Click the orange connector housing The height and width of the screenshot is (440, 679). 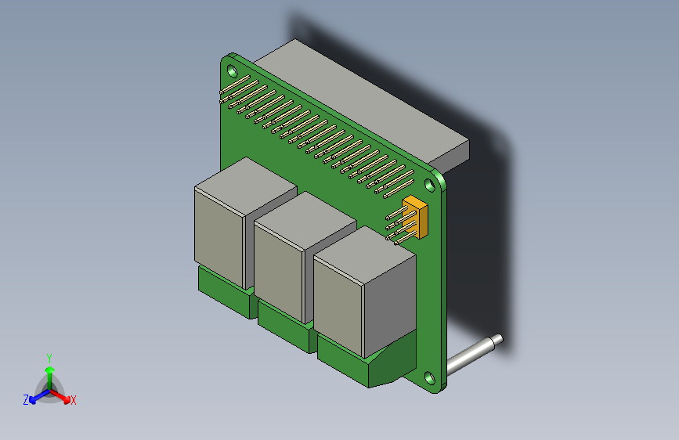(416, 217)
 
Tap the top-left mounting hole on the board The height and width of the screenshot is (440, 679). (232, 69)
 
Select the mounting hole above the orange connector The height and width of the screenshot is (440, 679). (429, 185)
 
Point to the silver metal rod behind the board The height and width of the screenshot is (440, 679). (470, 356)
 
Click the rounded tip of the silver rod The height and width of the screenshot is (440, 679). (496, 340)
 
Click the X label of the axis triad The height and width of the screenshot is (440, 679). (74, 400)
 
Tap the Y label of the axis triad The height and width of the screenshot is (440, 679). (49, 357)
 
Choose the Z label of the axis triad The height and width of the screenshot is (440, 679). (26, 399)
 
